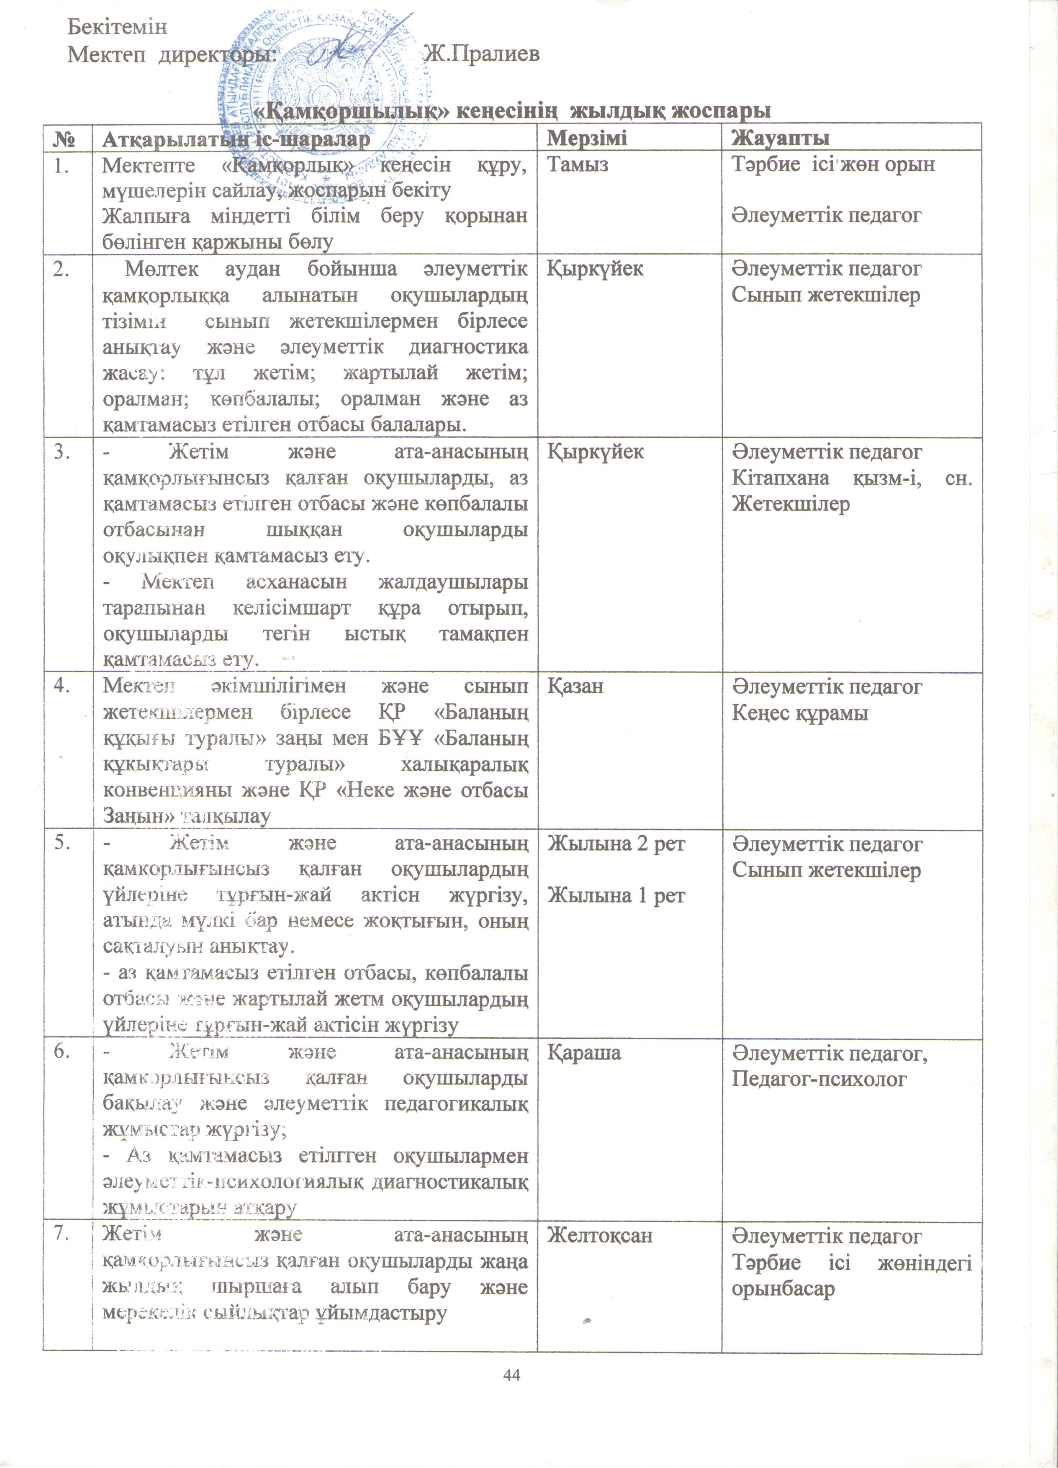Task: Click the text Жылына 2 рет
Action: tap(616, 844)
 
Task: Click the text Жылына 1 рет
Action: tap(616, 896)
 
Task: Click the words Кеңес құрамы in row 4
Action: tap(800, 712)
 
